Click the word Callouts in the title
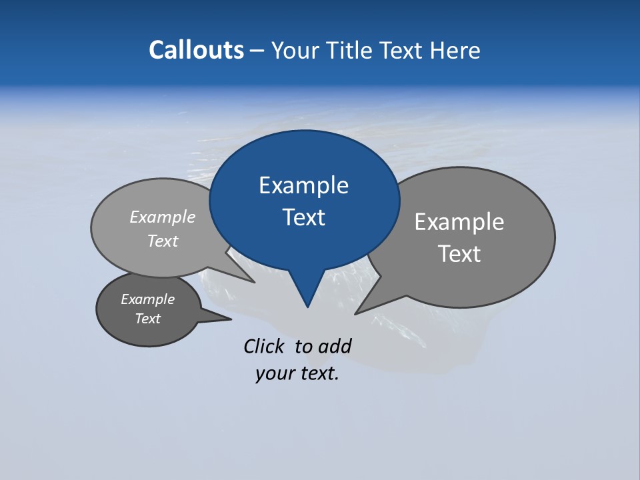196,50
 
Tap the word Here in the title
456,50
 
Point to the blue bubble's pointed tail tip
307,306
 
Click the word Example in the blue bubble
303,185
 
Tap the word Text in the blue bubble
303,217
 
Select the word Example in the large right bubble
459,221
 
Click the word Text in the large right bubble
459,253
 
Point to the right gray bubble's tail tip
357,313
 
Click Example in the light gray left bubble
163,217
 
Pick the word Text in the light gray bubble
163,241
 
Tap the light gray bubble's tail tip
253,282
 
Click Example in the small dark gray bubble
147,299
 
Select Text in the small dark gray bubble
147,319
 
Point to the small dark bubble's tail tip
230,319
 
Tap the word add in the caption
335,346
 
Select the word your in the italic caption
273,373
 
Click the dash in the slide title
257,50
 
